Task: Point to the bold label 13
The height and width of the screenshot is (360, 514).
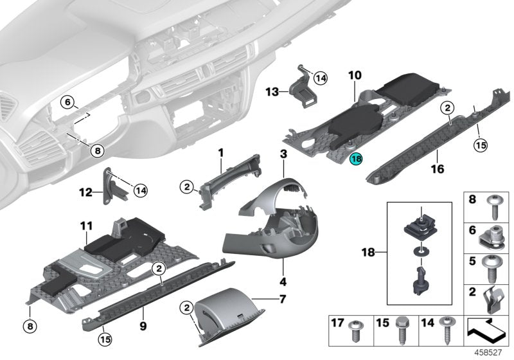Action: click(271, 92)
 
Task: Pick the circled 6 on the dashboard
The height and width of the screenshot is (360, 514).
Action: click(67, 101)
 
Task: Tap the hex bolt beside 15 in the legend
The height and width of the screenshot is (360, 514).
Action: click(402, 329)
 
